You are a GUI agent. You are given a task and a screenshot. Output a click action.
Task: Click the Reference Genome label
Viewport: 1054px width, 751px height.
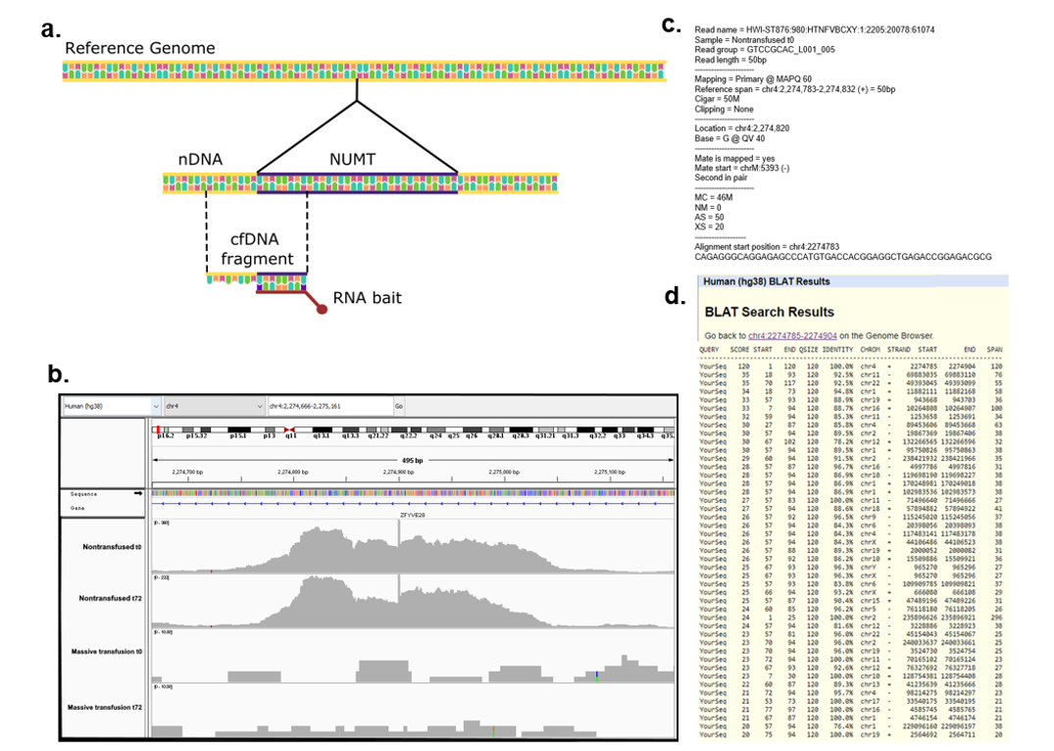[x=139, y=48]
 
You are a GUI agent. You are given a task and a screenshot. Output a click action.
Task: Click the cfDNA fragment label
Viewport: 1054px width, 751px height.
[x=256, y=249]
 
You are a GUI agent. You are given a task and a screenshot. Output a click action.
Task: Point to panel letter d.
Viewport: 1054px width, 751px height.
[x=674, y=295]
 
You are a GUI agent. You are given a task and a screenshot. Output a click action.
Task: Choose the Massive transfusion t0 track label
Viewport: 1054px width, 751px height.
[x=106, y=651]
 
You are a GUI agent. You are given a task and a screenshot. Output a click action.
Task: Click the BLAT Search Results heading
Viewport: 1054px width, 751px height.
[x=770, y=312]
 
